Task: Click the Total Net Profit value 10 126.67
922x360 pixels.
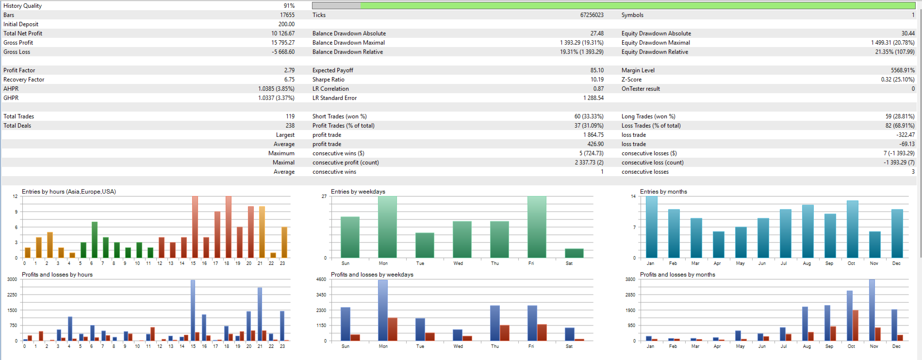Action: (x=282, y=33)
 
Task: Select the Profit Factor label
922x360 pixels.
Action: (x=19, y=70)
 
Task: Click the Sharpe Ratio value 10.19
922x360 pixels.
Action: (x=597, y=80)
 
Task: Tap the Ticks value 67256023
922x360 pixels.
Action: (x=592, y=15)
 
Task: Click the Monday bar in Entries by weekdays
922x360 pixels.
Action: (x=387, y=227)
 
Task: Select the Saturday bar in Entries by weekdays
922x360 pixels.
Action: (x=574, y=253)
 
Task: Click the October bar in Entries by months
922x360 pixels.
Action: (x=852, y=229)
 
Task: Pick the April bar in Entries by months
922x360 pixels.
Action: (x=718, y=245)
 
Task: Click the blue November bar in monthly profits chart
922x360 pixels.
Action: (x=872, y=310)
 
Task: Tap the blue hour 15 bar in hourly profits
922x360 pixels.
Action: (x=193, y=311)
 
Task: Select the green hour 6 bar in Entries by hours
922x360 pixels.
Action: (x=95, y=240)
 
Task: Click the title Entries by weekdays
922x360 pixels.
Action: (x=358, y=192)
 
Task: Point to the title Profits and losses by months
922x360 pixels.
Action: (x=677, y=275)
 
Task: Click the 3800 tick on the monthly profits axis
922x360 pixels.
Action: (x=630, y=279)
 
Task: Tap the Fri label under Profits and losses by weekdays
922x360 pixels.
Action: (x=531, y=346)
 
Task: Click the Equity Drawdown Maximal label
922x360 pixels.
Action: (x=655, y=43)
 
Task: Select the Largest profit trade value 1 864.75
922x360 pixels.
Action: (x=593, y=135)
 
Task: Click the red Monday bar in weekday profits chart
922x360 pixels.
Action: (x=393, y=329)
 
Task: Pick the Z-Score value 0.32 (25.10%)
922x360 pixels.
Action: (x=897, y=80)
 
